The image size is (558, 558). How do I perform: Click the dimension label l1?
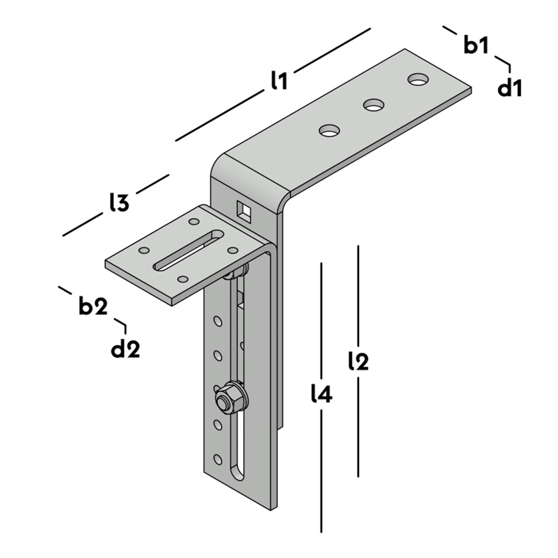pyautogui.click(x=279, y=80)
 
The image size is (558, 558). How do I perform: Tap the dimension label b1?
pyautogui.click(x=477, y=45)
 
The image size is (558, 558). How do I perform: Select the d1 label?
pyautogui.click(x=509, y=88)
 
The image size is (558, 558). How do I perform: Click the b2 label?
pyautogui.click(x=93, y=305)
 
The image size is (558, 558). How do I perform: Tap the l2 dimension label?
pyautogui.click(x=358, y=361)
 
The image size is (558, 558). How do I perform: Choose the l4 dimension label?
pyautogui.click(x=321, y=393)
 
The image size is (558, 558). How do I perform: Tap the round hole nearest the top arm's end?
pyautogui.click(x=419, y=79)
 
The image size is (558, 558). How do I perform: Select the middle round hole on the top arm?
pyautogui.click(x=374, y=105)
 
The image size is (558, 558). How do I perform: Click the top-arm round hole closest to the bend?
pyautogui.click(x=329, y=130)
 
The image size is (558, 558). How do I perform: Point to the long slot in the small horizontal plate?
pyautogui.click(x=188, y=251)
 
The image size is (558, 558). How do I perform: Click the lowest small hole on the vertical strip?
pyautogui.click(x=218, y=459)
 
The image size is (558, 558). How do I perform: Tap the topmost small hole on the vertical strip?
pyautogui.click(x=218, y=321)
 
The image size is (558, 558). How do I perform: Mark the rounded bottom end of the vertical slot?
pyautogui.click(x=238, y=475)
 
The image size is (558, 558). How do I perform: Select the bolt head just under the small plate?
pyautogui.click(x=235, y=272)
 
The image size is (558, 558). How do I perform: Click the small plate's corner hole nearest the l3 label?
pyautogui.click(x=194, y=222)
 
